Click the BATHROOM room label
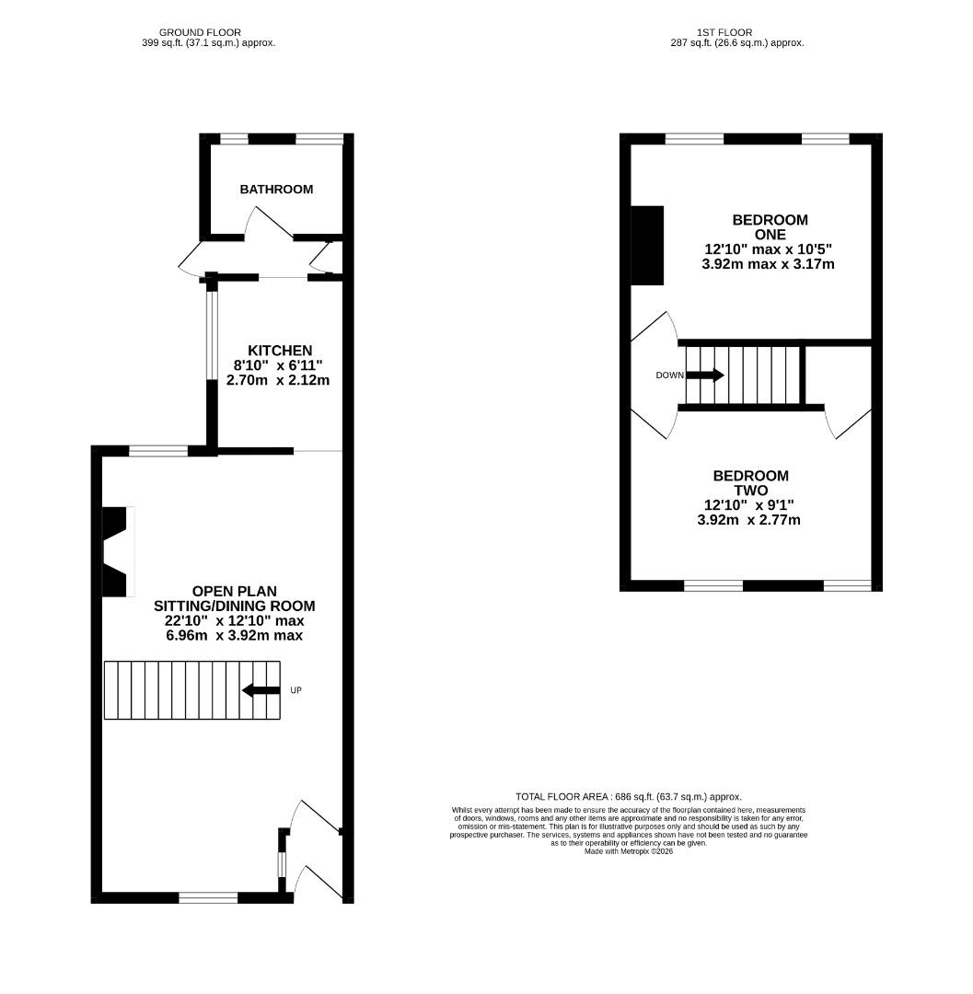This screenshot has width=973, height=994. pyautogui.click(x=276, y=189)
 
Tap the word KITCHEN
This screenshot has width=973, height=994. pyautogui.click(x=280, y=351)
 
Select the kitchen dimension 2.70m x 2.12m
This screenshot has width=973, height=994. pyautogui.click(x=278, y=380)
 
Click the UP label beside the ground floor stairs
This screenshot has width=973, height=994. pyautogui.click(x=296, y=689)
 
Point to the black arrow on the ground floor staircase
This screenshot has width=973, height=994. pyautogui.click(x=261, y=690)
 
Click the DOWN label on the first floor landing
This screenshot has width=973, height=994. pyautogui.click(x=670, y=376)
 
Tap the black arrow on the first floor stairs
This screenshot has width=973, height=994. pyautogui.click(x=705, y=376)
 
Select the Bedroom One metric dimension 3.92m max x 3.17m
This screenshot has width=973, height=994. pyautogui.click(x=769, y=264)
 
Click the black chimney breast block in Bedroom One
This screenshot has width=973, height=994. pyautogui.click(x=647, y=246)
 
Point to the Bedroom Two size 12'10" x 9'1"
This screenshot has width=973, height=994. pyautogui.click(x=749, y=505)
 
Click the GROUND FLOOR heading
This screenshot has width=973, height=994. pyautogui.click(x=201, y=32)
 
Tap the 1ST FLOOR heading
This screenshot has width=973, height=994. pyautogui.click(x=724, y=32)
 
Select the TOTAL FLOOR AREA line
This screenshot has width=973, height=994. pyautogui.click(x=629, y=797)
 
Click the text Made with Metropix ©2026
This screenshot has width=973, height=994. pyautogui.click(x=629, y=851)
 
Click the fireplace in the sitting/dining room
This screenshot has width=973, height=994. pyautogui.click(x=119, y=551)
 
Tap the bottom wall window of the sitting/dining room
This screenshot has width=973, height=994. pyautogui.click(x=209, y=897)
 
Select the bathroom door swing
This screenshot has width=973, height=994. pyautogui.click(x=270, y=222)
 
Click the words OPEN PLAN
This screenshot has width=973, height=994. pyautogui.click(x=235, y=592)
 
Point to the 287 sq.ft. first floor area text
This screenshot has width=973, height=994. pyautogui.click(x=737, y=43)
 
